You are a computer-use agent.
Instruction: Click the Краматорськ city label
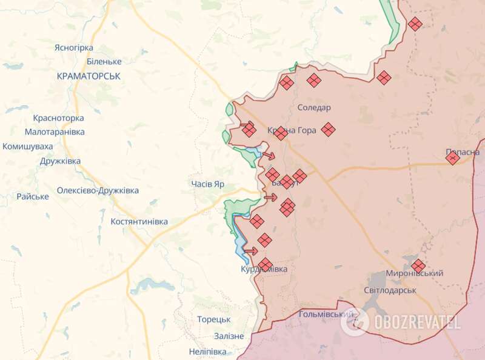89,76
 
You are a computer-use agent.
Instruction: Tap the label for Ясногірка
73,48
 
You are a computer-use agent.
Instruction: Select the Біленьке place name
104,62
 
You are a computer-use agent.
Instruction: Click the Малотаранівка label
55,132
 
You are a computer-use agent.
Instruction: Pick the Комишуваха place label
27,147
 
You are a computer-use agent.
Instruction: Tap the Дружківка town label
60,162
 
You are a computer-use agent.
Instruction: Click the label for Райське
33,196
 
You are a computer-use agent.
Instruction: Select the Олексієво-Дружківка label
98,190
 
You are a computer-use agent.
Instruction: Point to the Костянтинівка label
139,222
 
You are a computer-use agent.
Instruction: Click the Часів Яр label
208,184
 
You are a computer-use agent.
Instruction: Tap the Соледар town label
314,108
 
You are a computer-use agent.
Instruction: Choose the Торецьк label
213,319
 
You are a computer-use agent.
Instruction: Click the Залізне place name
229,336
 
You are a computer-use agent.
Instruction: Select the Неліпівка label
207,352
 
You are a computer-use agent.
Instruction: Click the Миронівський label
414,273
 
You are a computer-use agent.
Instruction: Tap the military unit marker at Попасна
452,158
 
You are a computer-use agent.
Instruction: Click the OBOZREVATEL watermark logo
401,321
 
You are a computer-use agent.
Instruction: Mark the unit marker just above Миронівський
418,265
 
